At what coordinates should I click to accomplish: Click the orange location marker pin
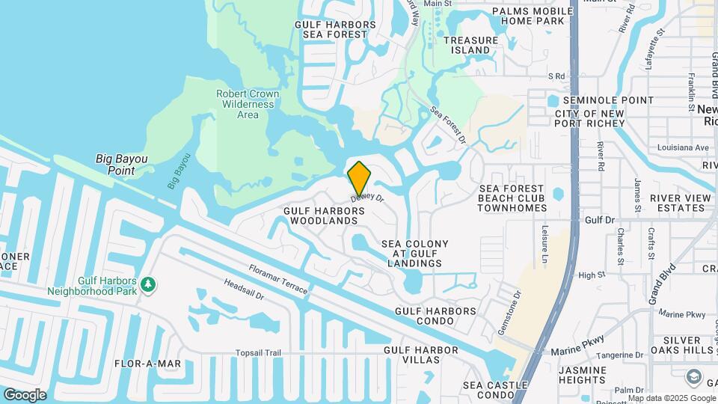[359, 178]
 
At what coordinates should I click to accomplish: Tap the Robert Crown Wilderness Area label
[248, 104]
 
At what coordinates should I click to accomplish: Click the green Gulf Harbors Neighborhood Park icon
[149, 284]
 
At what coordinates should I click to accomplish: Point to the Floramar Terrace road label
[278, 278]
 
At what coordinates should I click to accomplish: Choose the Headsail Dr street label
[244, 291]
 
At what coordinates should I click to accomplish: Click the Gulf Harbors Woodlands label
[324, 216]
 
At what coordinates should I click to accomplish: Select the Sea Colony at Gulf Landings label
[415, 254]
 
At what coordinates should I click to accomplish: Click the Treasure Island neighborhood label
[470, 45]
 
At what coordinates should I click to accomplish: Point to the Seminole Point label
[608, 100]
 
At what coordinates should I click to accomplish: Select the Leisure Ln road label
[545, 246]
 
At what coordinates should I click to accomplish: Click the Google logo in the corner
[25, 395]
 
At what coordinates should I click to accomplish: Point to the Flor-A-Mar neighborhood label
[147, 364]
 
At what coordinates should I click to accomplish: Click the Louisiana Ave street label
[682, 147]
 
